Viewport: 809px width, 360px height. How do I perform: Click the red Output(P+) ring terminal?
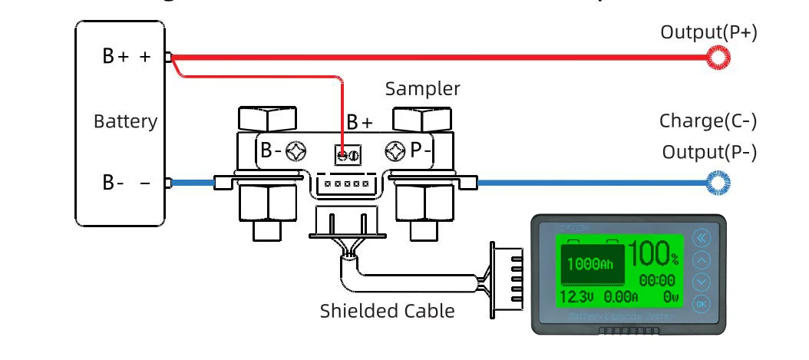point(718,57)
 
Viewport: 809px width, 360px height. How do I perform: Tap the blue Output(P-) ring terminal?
point(718,183)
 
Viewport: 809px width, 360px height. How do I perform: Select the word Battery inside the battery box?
point(125,121)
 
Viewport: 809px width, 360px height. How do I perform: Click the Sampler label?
point(423,88)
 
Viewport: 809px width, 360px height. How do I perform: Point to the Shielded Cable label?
point(388,311)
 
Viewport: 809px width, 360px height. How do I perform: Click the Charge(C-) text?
point(708,121)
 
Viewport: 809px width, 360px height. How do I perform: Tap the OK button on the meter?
point(702,303)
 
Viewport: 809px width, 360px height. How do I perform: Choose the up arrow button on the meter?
point(702,260)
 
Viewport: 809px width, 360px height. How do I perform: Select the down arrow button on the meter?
point(702,282)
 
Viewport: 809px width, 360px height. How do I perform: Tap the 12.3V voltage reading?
point(576,296)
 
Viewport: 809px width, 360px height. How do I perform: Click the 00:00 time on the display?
point(657,280)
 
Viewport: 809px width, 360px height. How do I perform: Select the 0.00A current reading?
point(621,296)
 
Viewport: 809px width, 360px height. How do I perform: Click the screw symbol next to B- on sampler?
point(296,151)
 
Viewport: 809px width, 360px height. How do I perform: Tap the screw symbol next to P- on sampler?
point(395,151)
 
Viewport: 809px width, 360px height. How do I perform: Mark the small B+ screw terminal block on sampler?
point(348,155)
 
